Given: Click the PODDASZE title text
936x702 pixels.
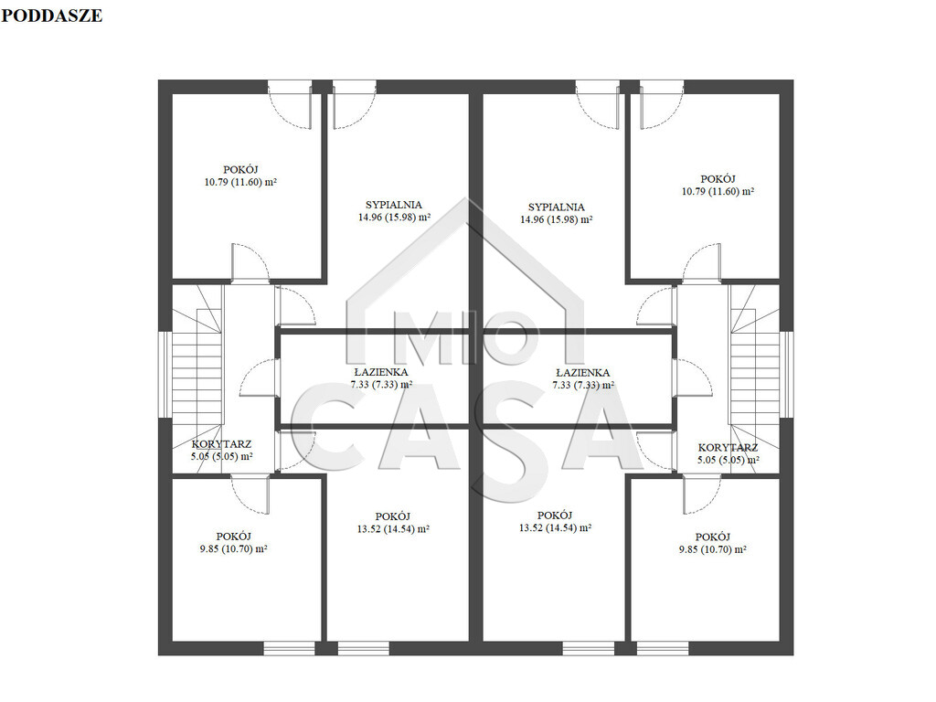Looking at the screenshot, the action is [51, 16].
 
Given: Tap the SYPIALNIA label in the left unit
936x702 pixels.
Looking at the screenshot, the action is [394, 205].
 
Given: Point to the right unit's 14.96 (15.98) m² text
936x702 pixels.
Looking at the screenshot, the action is [557, 219].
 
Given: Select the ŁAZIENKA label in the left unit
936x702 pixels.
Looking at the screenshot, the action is [381, 372].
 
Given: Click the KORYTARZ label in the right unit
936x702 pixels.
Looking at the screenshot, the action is [728, 447].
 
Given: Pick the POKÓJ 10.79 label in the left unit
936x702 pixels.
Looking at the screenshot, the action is [240, 176].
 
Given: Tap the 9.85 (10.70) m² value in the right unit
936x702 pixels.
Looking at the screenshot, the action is [712, 549].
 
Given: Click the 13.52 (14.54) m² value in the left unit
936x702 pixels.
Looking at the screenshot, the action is [393, 529].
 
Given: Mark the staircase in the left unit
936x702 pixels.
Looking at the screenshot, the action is [197, 378].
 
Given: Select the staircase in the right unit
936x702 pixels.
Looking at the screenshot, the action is [754, 378].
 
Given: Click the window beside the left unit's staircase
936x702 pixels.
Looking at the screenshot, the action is [165, 374].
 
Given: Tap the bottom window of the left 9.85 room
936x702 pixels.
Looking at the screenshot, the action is [289, 648].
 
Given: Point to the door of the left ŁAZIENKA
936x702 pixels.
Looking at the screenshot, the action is [260, 378].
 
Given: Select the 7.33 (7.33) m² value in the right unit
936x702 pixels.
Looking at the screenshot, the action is [583, 385].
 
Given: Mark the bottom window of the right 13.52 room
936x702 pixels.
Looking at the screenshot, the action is [588, 648].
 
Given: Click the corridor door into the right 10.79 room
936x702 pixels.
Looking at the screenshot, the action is [702, 262].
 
